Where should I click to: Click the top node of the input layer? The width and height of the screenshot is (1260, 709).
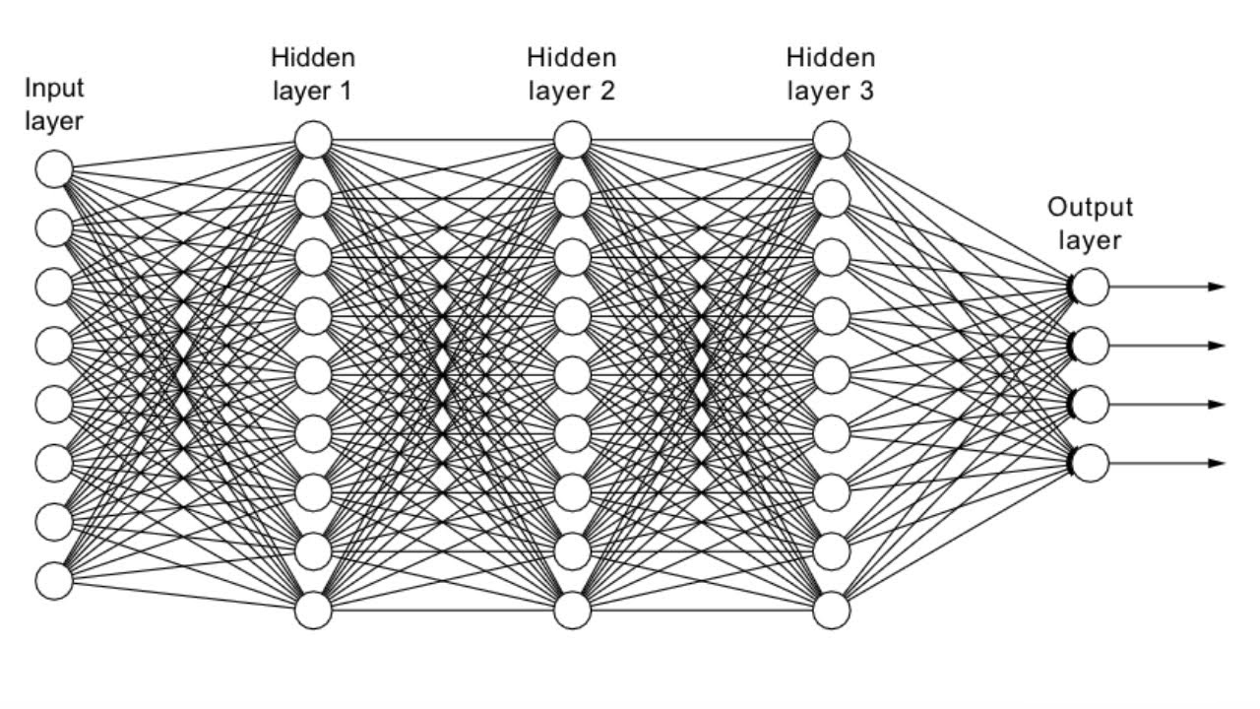click(55, 169)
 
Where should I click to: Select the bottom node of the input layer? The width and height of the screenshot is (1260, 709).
click(55, 580)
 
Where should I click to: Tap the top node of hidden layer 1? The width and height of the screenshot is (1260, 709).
click(314, 140)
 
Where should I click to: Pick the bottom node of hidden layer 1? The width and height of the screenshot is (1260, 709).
click(314, 610)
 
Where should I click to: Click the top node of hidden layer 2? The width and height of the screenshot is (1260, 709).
click(572, 140)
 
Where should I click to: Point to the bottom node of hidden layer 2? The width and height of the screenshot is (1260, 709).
click(572, 610)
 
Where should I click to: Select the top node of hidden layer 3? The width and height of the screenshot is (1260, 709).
click(832, 140)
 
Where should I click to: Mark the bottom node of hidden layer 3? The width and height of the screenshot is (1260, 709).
click(832, 610)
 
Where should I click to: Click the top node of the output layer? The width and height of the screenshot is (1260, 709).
click(1090, 287)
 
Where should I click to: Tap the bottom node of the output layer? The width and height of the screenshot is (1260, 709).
click(1090, 463)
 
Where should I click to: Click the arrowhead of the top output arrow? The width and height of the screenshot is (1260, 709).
click(1217, 287)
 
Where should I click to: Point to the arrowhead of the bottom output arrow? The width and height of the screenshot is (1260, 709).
click(1217, 463)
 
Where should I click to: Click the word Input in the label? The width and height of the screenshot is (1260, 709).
click(54, 88)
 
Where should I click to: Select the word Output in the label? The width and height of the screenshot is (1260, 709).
click(1090, 208)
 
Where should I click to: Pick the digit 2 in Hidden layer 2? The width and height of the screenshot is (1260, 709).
click(606, 92)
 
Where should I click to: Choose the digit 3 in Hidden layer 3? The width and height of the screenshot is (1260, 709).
click(865, 92)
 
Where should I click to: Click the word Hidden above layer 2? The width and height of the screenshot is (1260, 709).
click(571, 58)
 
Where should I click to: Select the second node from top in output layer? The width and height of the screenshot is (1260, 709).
click(1090, 345)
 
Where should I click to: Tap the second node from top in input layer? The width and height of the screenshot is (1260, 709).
click(55, 228)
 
